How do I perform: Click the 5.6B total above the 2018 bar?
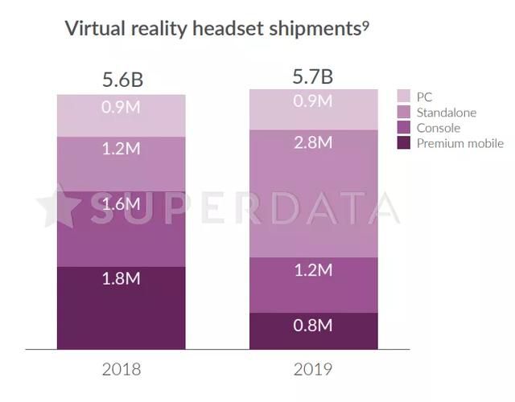122,80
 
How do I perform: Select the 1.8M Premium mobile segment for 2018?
122,307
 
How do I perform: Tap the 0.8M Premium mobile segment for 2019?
313,330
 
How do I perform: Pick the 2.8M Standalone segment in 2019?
313,193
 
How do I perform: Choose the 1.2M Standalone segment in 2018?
122,163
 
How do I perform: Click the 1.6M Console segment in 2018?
122,228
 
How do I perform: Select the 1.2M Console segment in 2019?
313,285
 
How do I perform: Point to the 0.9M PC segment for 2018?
122,115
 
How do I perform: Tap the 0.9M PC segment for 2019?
313,109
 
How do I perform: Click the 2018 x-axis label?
122,370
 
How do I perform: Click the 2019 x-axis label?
313,370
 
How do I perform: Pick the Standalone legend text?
447,113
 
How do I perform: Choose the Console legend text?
439,128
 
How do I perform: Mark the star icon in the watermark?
58,207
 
